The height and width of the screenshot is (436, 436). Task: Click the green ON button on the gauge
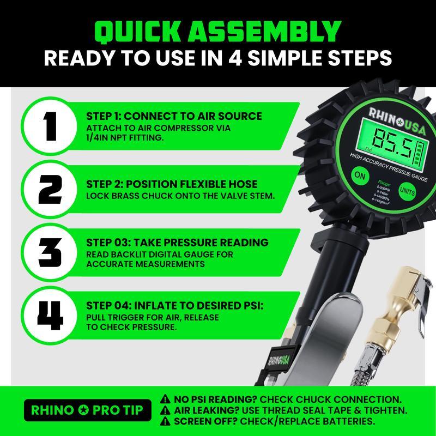coord(359,176)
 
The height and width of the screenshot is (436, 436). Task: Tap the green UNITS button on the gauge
coord(407,190)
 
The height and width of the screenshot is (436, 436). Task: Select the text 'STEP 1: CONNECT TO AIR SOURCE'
coord(174,116)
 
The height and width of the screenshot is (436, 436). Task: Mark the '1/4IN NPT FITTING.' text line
coord(125,138)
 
